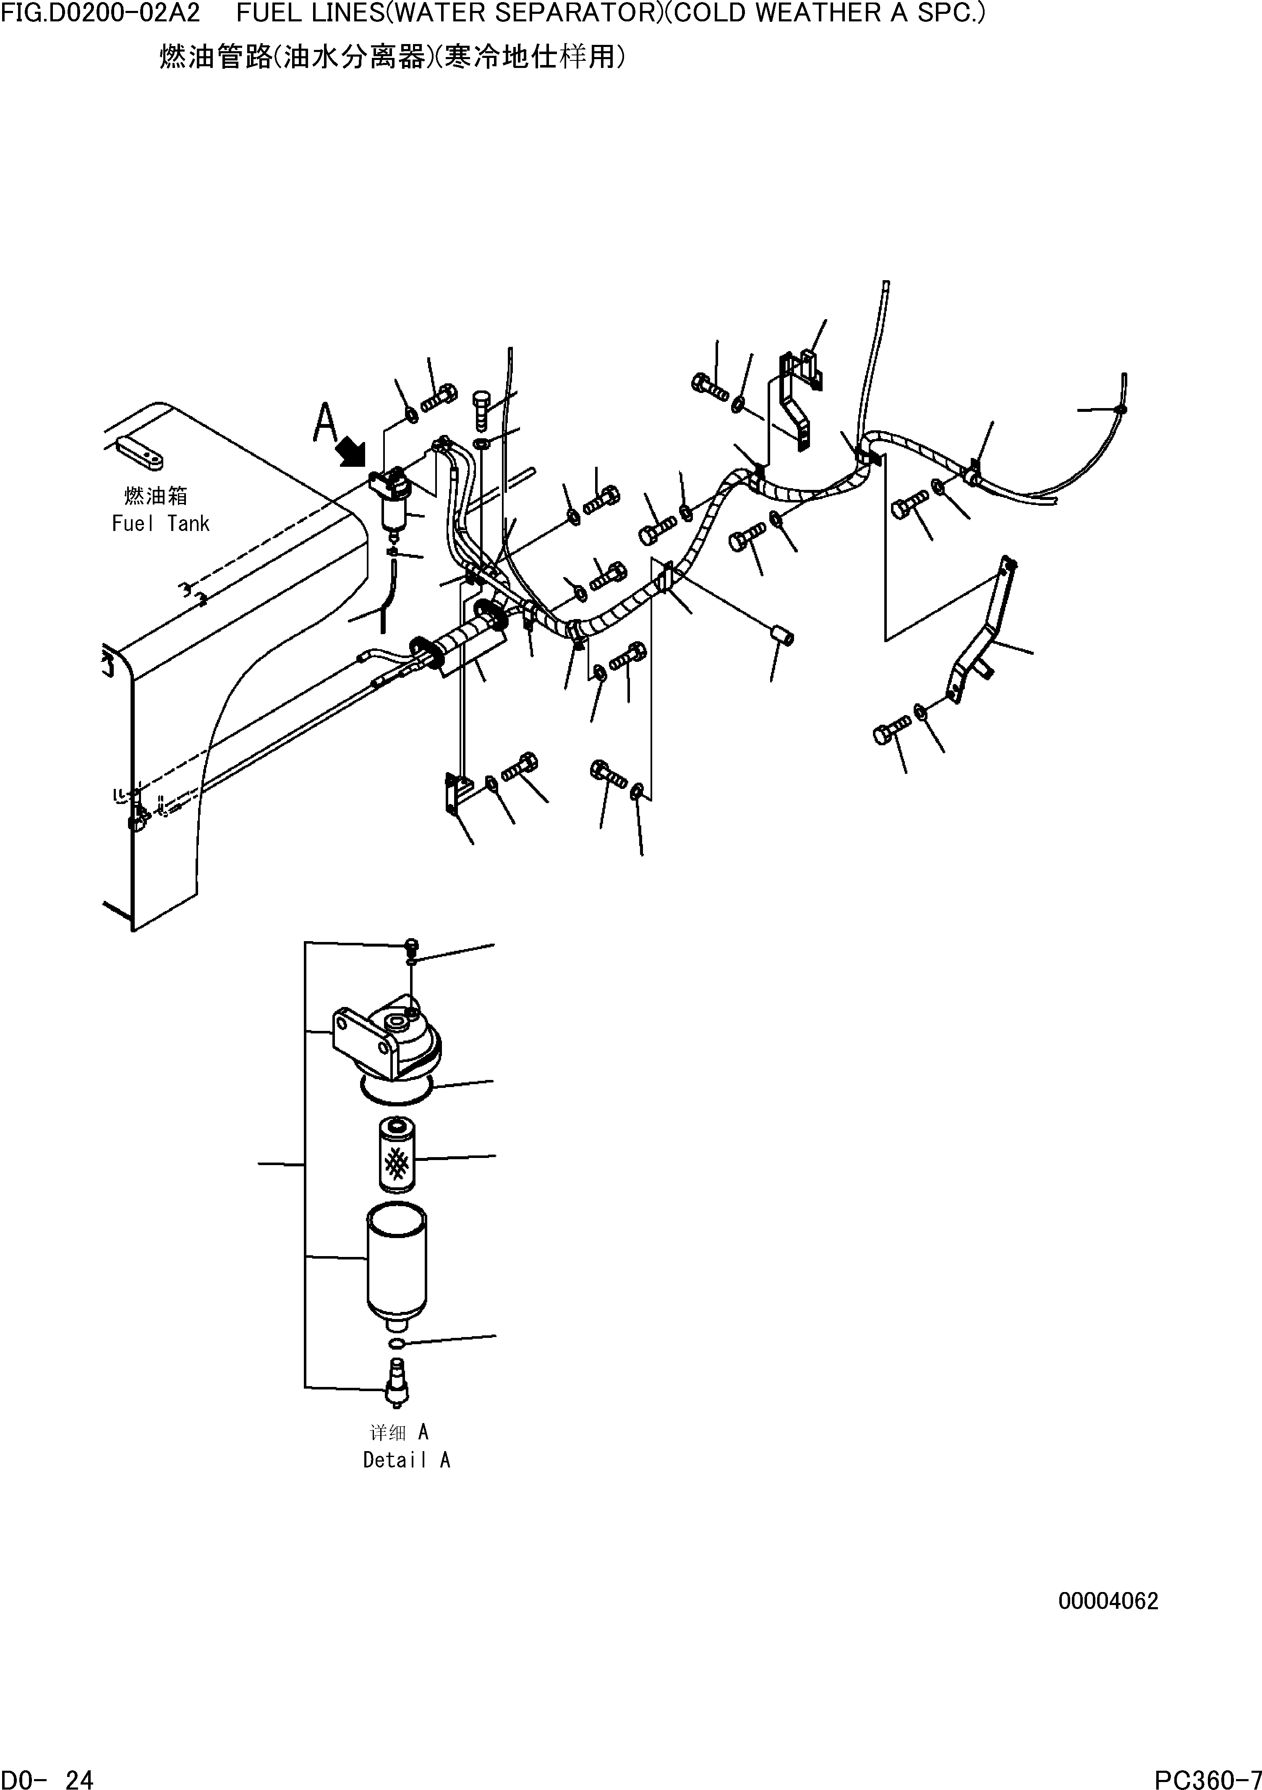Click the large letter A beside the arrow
click(324, 423)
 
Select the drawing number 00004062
click(1108, 1602)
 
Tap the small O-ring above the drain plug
click(396, 1342)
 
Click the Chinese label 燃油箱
click(156, 496)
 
